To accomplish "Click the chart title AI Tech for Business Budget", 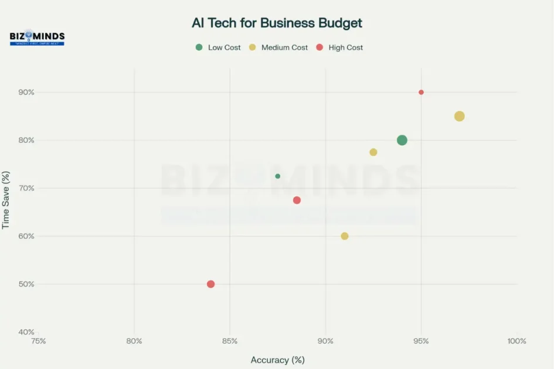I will click(277, 23).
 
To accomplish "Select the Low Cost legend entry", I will click(218, 47).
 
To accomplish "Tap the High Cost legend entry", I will click(339, 47).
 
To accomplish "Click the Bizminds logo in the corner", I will click(37, 38).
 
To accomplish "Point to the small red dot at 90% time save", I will click(421, 92).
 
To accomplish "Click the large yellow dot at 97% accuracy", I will click(459, 116).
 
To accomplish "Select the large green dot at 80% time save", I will click(402, 140).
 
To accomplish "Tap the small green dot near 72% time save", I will click(277, 176).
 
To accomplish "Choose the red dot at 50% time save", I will click(210, 284).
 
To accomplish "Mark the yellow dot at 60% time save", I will click(345, 236).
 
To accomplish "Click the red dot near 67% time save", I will click(297, 200).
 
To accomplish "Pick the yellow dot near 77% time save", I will click(373, 152).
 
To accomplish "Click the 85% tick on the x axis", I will click(230, 341).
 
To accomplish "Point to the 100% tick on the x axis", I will click(516, 341).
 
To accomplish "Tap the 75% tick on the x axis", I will click(39, 341).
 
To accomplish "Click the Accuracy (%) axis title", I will click(277, 360).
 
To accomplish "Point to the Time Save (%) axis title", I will click(6, 200).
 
